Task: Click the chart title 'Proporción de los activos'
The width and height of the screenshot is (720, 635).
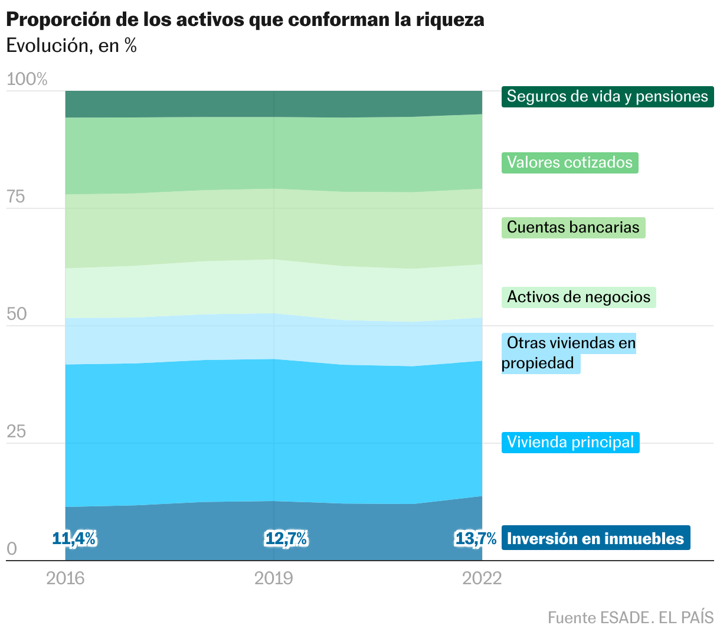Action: coord(245,19)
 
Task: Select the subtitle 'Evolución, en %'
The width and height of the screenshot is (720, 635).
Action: coord(71,45)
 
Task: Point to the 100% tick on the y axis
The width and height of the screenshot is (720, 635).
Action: coord(27,79)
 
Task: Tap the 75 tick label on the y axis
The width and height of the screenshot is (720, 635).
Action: coord(16,197)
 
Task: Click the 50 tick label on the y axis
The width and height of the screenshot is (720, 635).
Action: coord(17,314)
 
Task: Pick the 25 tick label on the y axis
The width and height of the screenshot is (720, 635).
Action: coord(17,431)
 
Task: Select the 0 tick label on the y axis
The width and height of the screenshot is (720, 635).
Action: coord(12,549)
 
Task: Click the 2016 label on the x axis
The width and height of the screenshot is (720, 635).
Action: coord(66,578)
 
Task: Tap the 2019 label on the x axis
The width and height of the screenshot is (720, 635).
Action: coord(274,578)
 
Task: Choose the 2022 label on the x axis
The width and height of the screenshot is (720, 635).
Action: coord(482,578)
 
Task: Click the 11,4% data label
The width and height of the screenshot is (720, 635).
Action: coord(74,538)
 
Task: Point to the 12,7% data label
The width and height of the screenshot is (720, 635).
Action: coord(286,538)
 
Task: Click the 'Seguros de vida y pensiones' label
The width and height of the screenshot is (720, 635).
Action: coord(607,96)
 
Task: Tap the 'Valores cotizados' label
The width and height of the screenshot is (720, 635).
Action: coord(570,162)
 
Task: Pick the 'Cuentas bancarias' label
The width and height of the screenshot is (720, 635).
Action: coord(573,227)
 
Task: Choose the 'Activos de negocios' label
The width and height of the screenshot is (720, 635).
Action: coord(578,296)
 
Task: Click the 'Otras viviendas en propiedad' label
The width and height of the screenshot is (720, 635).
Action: coord(569,353)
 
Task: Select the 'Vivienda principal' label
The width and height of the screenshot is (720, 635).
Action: coord(570,442)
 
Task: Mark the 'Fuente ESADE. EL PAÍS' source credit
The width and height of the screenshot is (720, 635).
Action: coord(630,617)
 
